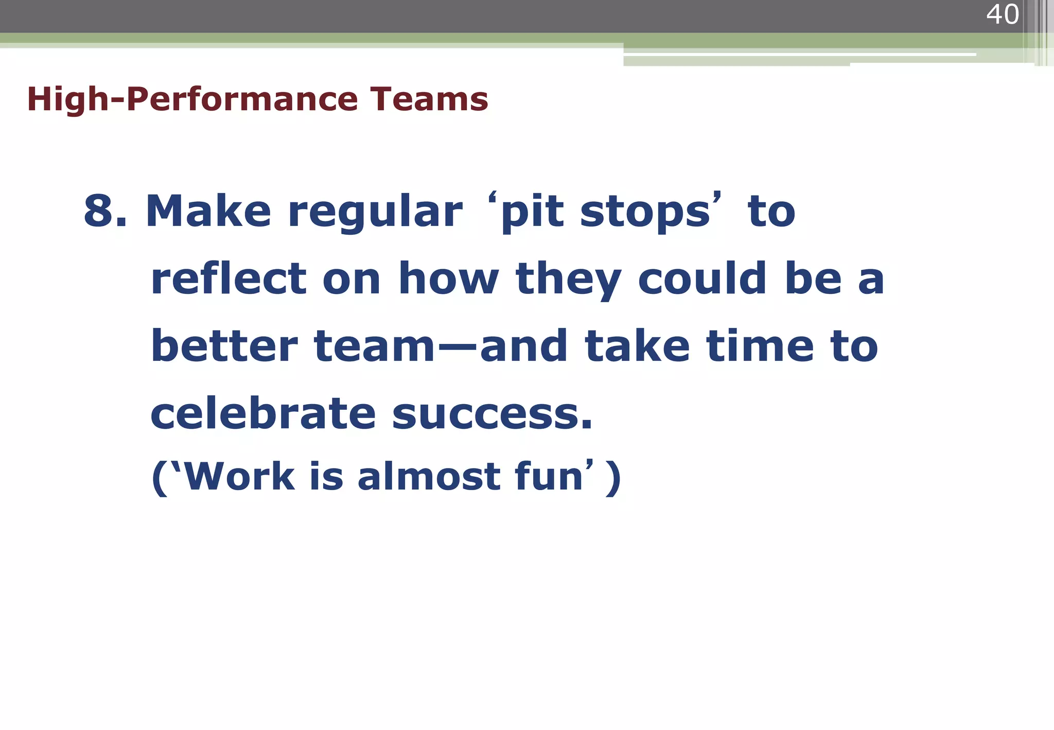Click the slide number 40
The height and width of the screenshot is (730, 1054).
point(1002,14)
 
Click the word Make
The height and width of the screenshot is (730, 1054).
point(208,211)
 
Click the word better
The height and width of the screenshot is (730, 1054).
point(224,346)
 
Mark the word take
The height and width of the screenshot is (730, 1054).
point(637,346)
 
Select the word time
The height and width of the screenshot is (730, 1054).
point(760,346)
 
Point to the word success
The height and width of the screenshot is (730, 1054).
point(492,415)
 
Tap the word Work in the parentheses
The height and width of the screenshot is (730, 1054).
point(238,476)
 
